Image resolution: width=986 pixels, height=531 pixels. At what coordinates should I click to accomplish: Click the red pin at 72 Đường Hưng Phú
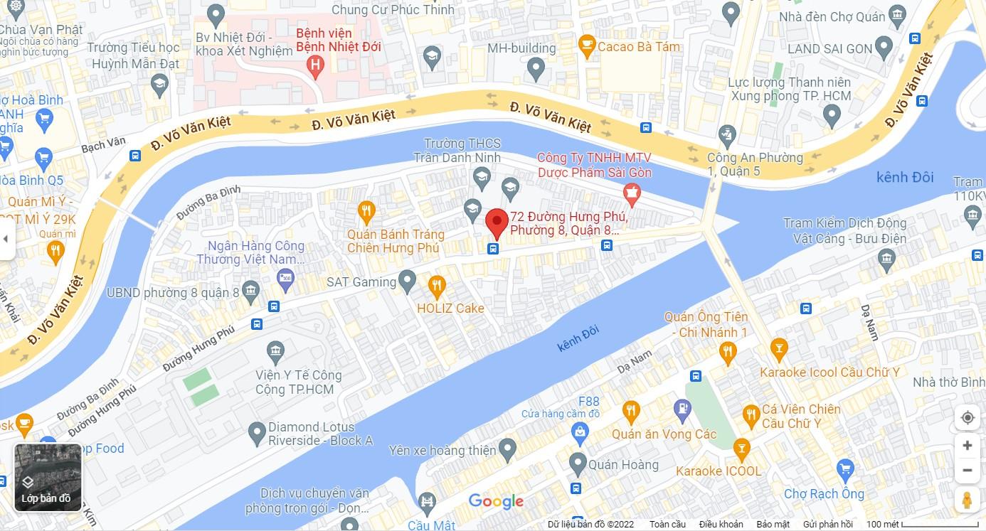497,222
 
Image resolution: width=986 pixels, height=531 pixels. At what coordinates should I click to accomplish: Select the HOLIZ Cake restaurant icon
437,286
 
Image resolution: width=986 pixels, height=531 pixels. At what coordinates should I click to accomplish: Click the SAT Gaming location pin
407,281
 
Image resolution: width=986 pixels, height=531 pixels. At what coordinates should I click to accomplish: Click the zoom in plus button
967,446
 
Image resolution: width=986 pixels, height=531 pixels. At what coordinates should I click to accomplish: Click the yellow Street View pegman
967,500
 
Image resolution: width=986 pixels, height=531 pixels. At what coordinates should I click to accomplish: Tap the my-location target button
967,417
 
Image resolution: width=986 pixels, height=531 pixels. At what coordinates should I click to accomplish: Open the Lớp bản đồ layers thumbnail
48,477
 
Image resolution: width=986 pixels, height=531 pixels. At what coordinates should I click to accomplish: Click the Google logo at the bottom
496,501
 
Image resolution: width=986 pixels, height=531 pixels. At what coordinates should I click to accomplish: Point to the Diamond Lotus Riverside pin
257,431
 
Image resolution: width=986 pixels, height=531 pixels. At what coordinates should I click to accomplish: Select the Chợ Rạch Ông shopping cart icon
845,468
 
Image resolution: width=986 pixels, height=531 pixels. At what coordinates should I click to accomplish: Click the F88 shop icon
581,431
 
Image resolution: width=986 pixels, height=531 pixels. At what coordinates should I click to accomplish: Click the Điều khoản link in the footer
721,524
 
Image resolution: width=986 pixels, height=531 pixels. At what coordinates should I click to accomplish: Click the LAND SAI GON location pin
884,48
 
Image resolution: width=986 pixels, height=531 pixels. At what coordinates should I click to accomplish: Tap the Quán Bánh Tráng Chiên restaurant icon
366,210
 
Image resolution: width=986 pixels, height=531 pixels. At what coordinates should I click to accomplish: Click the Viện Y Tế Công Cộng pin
275,350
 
